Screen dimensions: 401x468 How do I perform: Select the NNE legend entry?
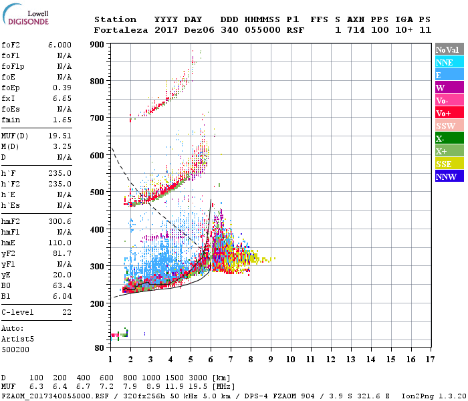click(445, 62)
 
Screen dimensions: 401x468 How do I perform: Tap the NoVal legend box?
click(447, 49)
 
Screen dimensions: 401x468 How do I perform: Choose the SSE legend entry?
click(445, 164)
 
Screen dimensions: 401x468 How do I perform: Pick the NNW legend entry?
click(446, 176)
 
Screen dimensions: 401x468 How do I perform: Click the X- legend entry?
click(441, 138)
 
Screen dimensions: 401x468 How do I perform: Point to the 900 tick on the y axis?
click(97, 44)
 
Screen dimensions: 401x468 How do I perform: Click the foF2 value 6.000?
click(60, 43)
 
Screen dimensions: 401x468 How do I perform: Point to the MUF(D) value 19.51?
click(60, 136)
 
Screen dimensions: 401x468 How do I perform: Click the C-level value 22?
click(67, 312)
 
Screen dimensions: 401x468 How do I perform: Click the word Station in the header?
click(115, 19)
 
